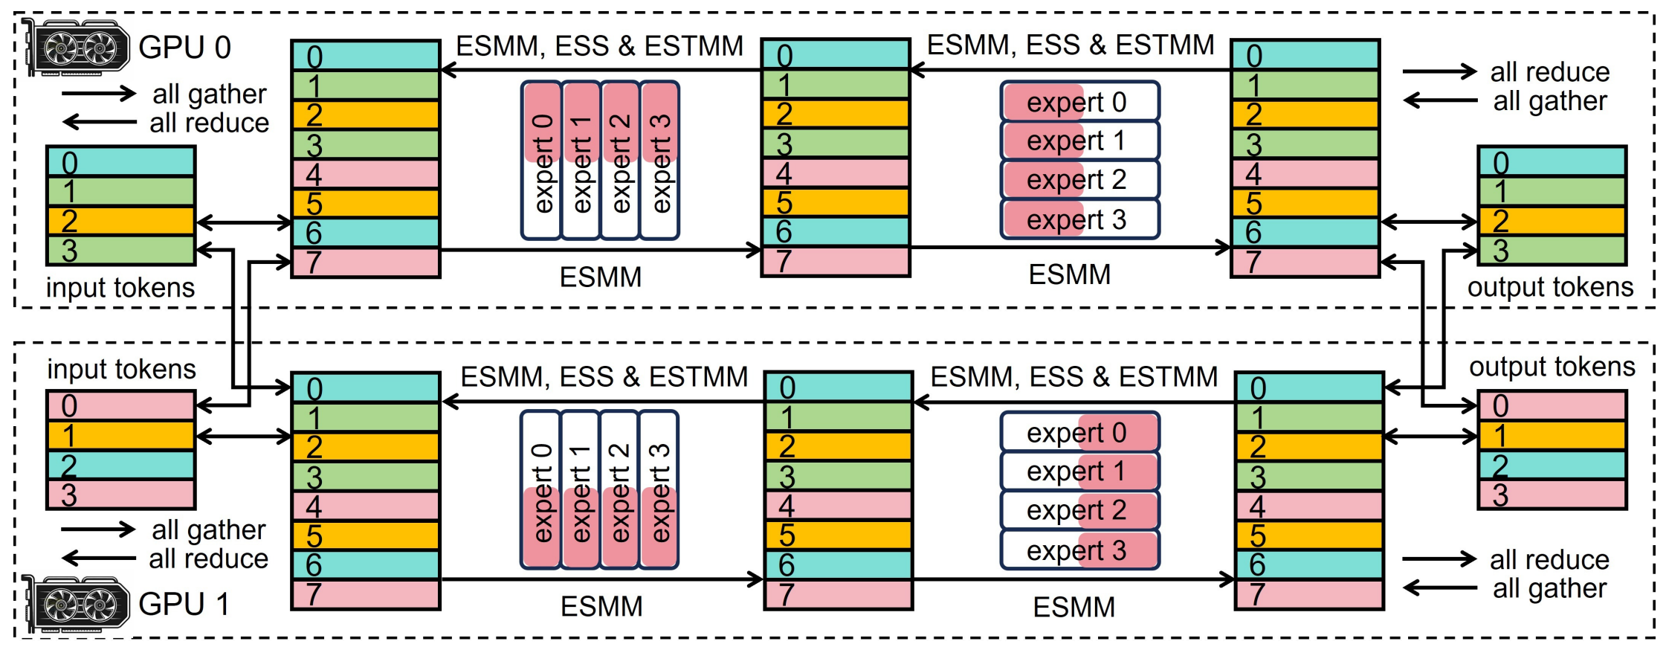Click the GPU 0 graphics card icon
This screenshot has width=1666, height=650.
click(x=77, y=48)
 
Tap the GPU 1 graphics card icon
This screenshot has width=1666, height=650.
click(x=77, y=604)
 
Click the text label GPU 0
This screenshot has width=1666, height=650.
click(x=184, y=48)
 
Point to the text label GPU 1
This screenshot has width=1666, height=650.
click(x=184, y=604)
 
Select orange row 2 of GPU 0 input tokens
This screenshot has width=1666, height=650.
click(x=121, y=221)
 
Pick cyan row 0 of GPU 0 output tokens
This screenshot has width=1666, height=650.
click(x=1552, y=162)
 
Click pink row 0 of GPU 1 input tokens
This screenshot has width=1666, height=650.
click(x=121, y=406)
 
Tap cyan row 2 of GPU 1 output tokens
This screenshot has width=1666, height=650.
click(x=1552, y=466)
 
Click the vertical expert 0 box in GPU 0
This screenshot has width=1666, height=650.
click(x=542, y=161)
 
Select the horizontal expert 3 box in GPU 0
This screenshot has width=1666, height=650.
click(x=1079, y=219)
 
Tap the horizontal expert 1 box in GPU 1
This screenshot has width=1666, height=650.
click(x=1079, y=472)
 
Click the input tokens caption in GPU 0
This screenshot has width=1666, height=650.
click(x=120, y=288)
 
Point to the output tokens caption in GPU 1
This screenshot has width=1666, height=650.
click(x=1552, y=367)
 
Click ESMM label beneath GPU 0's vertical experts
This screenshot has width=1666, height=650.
click(x=600, y=277)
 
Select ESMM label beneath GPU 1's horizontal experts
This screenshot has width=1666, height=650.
click(x=1073, y=608)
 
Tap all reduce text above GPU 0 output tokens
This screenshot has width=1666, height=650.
click(x=1550, y=72)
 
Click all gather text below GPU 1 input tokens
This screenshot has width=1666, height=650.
click(x=209, y=530)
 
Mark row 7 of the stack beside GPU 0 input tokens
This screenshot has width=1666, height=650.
click(x=366, y=263)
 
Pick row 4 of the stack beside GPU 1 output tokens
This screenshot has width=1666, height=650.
click(x=1309, y=506)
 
